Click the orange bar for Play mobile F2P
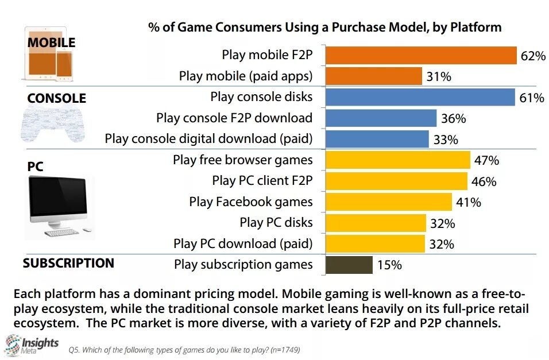[x=421, y=55]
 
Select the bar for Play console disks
[x=420, y=97]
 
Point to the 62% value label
[x=533, y=56]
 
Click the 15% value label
[x=389, y=265]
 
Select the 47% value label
[x=485, y=160]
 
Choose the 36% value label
[x=453, y=119]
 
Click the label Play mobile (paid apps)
[x=246, y=76]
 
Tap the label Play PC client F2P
[x=262, y=181]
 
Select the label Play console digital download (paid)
[x=209, y=139]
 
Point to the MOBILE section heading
[x=51, y=43]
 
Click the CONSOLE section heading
[x=56, y=98]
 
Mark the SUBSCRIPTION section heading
[x=68, y=263]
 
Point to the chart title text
[x=324, y=27]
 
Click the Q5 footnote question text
[x=184, y=349]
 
